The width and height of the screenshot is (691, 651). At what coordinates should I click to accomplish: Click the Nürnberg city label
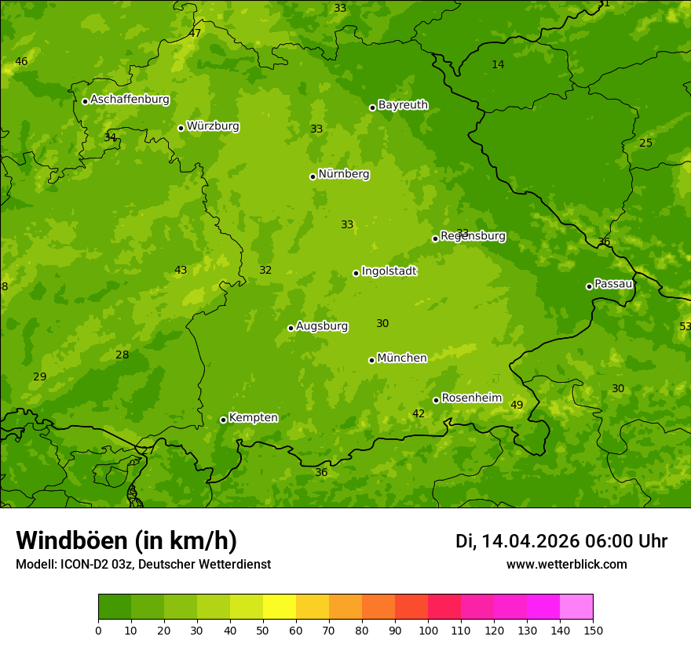[x=344, y=174]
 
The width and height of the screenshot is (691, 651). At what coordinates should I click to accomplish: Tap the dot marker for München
[x=371, y=360]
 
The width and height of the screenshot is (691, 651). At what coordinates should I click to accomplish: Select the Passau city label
[x=612, y=284]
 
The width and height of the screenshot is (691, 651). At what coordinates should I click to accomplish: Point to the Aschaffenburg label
[x=130, y=100]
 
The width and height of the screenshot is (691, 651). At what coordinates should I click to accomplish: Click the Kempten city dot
[x=223, y=420]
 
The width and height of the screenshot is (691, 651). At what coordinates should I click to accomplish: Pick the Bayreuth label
[x=403, y=105]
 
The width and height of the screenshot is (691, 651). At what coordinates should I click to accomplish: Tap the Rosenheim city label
[x=471, y=398]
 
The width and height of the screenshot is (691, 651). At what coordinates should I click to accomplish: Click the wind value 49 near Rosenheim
[x=517, y=405]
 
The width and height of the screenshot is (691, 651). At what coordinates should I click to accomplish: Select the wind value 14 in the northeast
[x=498, y=64]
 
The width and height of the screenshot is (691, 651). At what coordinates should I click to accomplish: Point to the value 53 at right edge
[x=685, y=326]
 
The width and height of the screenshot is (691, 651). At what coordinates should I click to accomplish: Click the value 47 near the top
[x=195, y=33]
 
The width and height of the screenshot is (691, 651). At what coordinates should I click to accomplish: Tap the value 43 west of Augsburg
[x=181, y=270]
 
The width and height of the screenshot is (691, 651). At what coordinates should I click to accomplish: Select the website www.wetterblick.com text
[x=566, y=565]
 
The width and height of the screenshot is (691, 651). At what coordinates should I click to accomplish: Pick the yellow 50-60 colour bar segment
[x=280, y=606]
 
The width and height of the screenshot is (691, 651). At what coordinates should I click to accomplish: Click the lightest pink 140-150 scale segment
[x=576, y=606]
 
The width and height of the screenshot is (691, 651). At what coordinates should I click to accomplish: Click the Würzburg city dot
[x=181, y=128]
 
